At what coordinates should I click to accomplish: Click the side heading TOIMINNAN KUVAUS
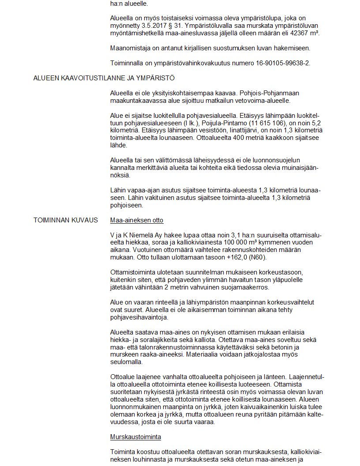click(x=66, y=220)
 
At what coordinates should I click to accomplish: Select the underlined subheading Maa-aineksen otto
click(x=137, y=220)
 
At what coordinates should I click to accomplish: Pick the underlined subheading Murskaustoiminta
click(x=135, y=437)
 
